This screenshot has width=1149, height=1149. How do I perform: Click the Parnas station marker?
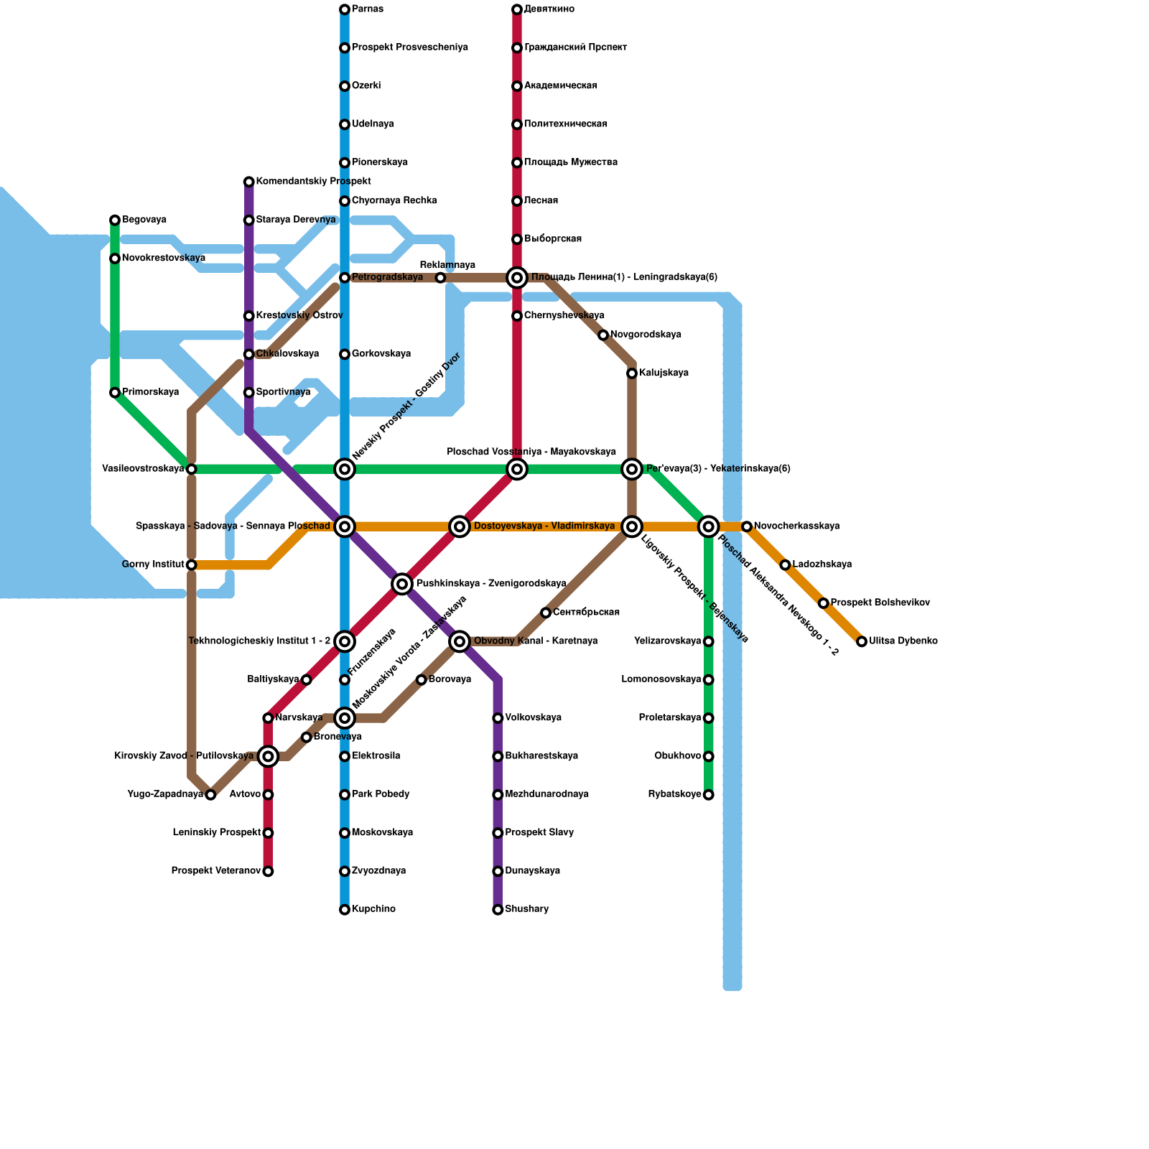tap(345, 9)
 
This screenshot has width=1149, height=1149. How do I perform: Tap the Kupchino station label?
tap(373, 910)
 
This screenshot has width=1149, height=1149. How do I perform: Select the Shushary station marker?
tap(498, 910)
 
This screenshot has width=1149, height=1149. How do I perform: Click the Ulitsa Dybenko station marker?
tap(862, 641)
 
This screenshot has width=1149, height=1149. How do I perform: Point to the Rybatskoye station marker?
tap(709, 795)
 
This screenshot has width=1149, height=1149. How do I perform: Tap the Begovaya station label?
tap(144, 220)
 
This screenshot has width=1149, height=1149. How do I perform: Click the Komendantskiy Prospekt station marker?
tap(249, 182)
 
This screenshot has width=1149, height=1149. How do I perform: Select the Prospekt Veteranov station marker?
tap(268, 872)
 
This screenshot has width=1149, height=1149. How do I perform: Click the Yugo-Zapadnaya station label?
tap(165, 794)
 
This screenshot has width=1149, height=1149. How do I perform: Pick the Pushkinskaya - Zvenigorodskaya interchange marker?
tap(402, 584)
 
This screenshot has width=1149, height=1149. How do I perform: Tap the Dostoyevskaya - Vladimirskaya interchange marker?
tap(460, 526)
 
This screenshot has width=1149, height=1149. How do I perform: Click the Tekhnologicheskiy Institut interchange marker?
tap(345, 641)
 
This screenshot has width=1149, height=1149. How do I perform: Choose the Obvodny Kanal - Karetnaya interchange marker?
tap(460, 641)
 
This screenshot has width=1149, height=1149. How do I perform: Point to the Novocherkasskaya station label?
tap(796, 526)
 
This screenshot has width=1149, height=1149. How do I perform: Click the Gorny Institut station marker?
tap(192, 565)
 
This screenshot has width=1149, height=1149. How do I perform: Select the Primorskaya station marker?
tap(115, 393)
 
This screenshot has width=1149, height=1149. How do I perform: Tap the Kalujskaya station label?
tap(664, 373)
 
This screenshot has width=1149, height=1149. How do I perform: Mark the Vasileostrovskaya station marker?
tap(192, 469)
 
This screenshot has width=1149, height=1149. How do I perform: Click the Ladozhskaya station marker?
tap(785, 565)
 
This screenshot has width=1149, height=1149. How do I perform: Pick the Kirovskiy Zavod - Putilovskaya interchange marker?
tap(268, 756)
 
